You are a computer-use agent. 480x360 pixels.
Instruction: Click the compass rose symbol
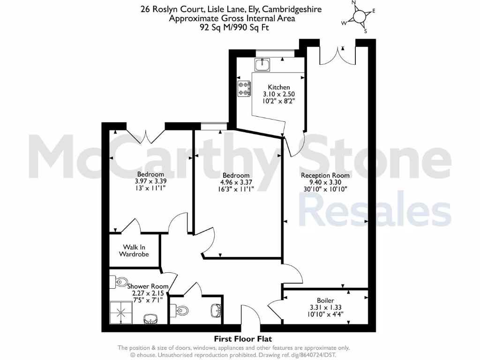pyautogui.click(x=359, y=16)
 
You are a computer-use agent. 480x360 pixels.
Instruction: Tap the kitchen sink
pyautogui.click(x=262, y=64)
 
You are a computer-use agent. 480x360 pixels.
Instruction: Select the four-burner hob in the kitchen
pyautogui.click(x=244, y=89)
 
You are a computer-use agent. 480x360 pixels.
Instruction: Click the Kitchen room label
pyautogui.click(x=279, y=87)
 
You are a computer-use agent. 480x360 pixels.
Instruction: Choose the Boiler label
pyautogui.click(x=325, y=300)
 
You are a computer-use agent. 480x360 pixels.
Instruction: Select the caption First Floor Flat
pyautogui.click(x=243, y=338)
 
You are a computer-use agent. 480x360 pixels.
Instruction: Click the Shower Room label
pyautogui.click(x=143, y=286)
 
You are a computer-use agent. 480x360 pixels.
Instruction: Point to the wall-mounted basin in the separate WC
pyautogui.click(x=216, y=310)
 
